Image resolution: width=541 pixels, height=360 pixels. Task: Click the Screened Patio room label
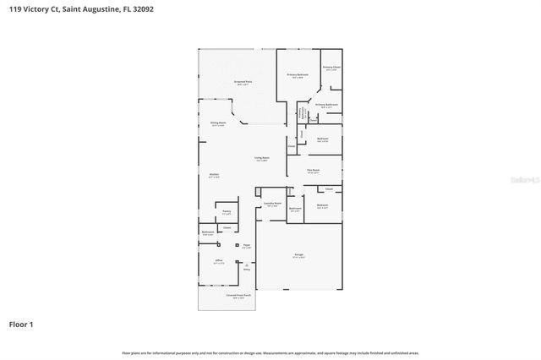point(243,82)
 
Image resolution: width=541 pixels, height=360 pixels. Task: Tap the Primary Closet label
point(331,68)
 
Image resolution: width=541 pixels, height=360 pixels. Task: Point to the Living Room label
point(262,158)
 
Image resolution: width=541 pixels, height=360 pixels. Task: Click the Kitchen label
point(214,175)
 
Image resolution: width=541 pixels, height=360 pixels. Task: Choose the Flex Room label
point(313,171)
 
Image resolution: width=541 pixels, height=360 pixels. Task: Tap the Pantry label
point(227,213)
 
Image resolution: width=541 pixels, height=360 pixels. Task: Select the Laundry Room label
point(271,204)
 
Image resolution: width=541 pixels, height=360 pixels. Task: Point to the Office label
point(218,262)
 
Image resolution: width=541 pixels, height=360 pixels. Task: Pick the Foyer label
point(247,246)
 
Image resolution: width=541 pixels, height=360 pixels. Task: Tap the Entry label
point(248,270)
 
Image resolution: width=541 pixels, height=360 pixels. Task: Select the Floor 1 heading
point(22,324)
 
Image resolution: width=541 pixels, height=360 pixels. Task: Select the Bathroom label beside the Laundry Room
point(295,208)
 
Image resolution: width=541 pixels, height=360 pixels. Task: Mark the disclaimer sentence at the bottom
point(270,352)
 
